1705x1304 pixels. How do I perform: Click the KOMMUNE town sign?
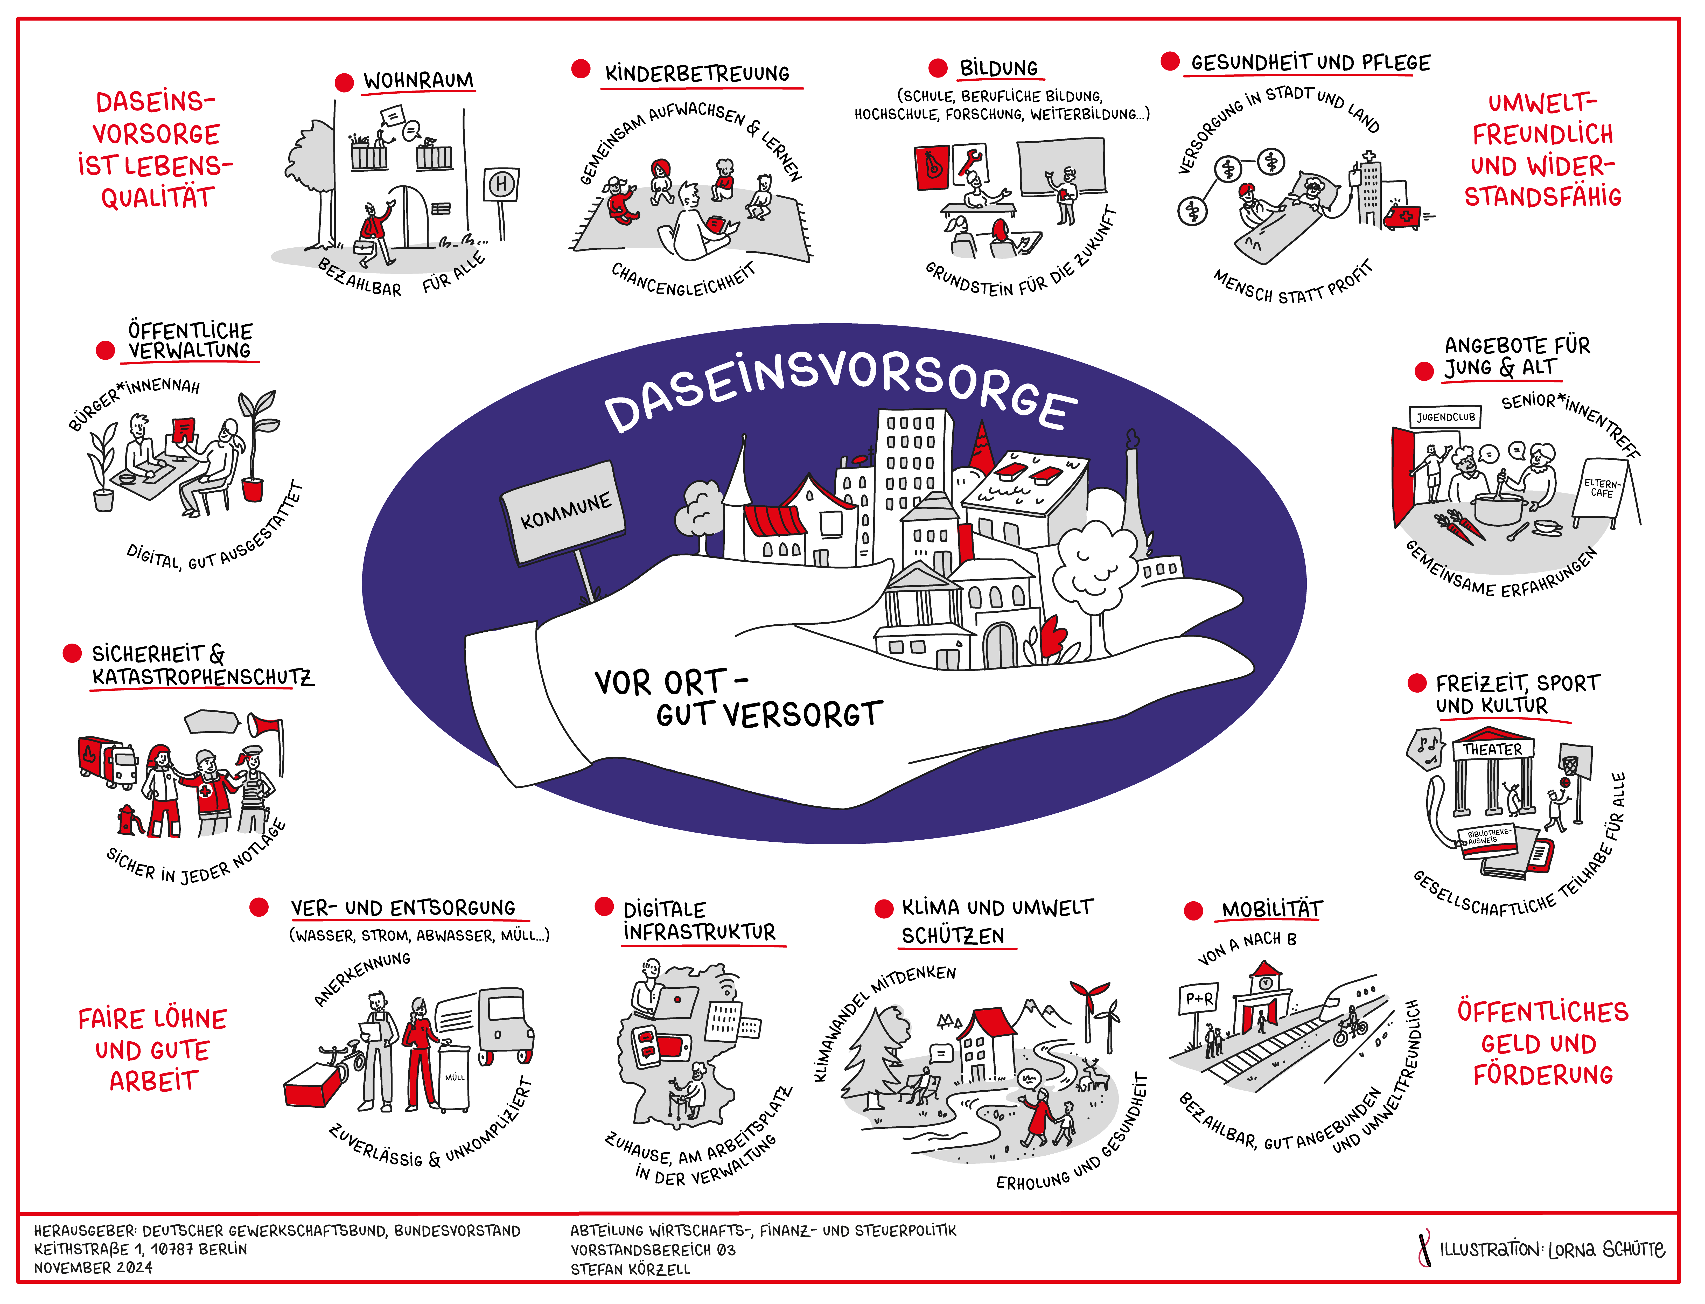pos(564,512)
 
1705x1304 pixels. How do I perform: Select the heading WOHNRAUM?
pos(418,81)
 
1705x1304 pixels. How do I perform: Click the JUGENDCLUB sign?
pos(1445,417)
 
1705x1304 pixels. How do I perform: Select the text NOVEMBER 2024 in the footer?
pos(93,1267)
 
